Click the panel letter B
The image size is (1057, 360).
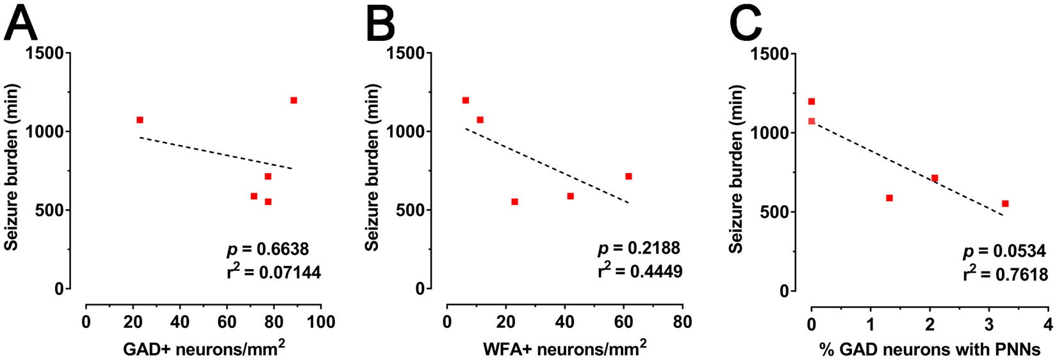381,24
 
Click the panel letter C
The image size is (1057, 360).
746,24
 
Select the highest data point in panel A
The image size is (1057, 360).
294,101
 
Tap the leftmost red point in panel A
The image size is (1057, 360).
140,120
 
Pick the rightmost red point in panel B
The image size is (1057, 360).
628,176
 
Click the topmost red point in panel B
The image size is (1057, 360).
466,101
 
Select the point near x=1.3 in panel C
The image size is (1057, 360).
889,198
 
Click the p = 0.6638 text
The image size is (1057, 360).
268,249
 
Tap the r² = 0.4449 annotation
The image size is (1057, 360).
640,272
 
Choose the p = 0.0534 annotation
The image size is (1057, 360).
1004,250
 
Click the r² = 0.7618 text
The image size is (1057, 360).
1005,274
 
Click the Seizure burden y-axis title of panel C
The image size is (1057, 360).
737,170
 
